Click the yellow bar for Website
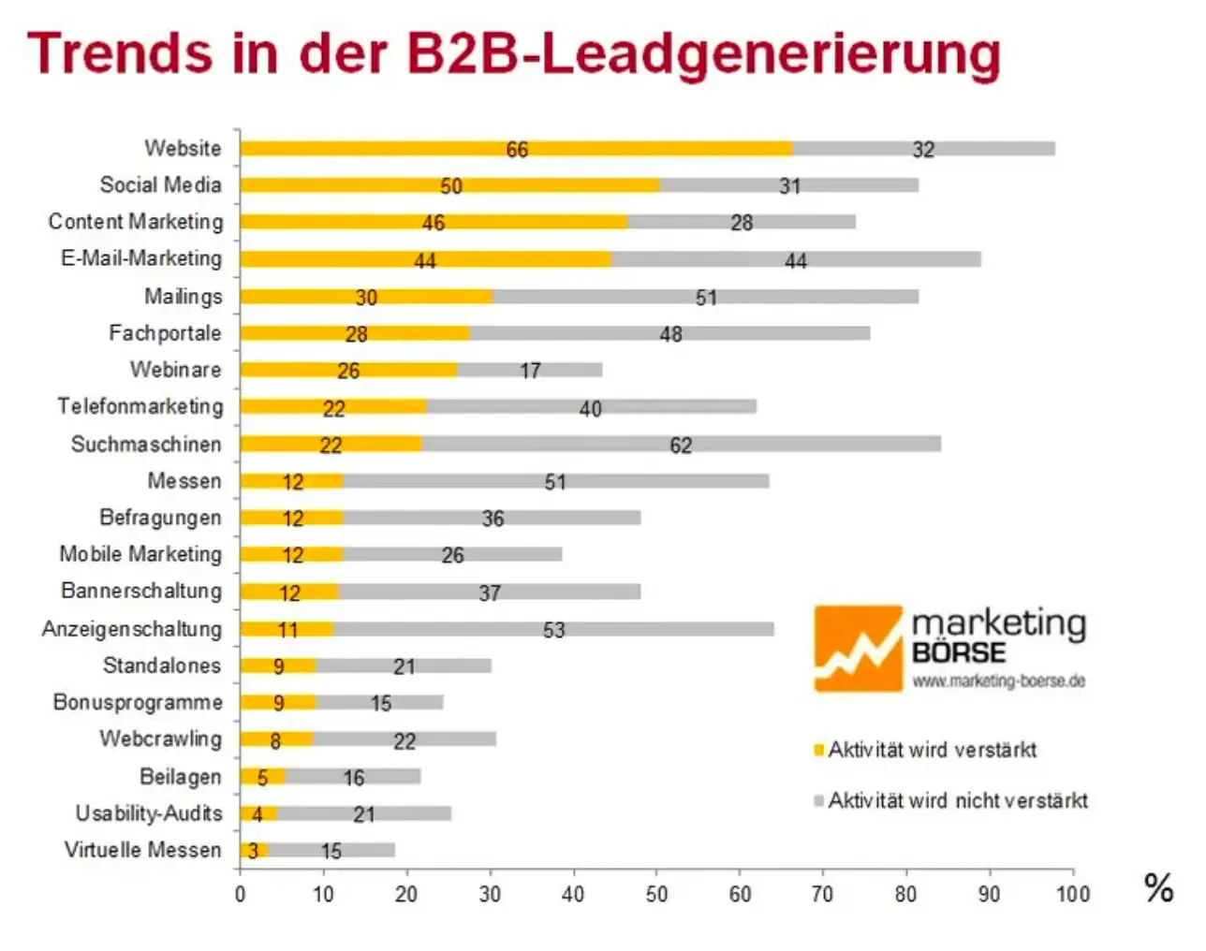point(515,149)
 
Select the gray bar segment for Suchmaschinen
point(681,444)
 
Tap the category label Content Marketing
point(136,222)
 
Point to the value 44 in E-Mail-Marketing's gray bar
point(795,260)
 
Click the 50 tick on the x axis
point(656,894)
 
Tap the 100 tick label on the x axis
point(1072,894)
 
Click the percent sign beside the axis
point(1158,886)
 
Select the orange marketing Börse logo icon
point(858,649)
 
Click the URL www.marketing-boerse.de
point(998,680)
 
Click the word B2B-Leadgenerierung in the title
point(702,54)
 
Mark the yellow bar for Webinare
point(348,370)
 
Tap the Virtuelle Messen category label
point(142,850)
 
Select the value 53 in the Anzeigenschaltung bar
point(553,629)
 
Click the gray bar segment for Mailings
point(705,297)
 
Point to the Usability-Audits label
point(149,813)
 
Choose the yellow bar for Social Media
point(449,185)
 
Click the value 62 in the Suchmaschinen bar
point(681,446)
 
